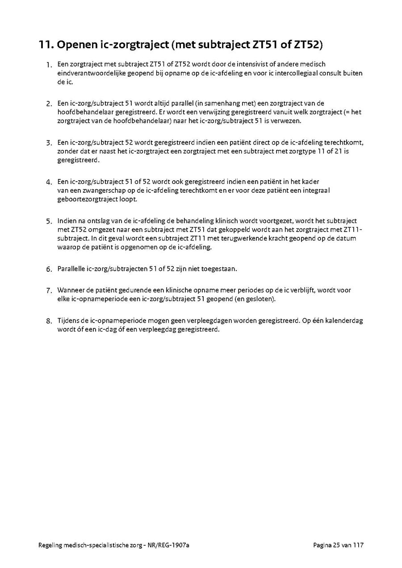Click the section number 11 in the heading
pyautogui.click(x=45, y=45)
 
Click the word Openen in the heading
pyautogui.click(x=73, y=45)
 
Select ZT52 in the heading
pyautogui.click(x=309, y=45)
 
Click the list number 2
pyautogui.click(x=49, y=104)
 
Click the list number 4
pyautogui.click(x=49, y=182)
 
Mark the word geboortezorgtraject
pyautogui.click(x=87, y=199)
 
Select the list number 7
pyautogui.click(x=49, y=290)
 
